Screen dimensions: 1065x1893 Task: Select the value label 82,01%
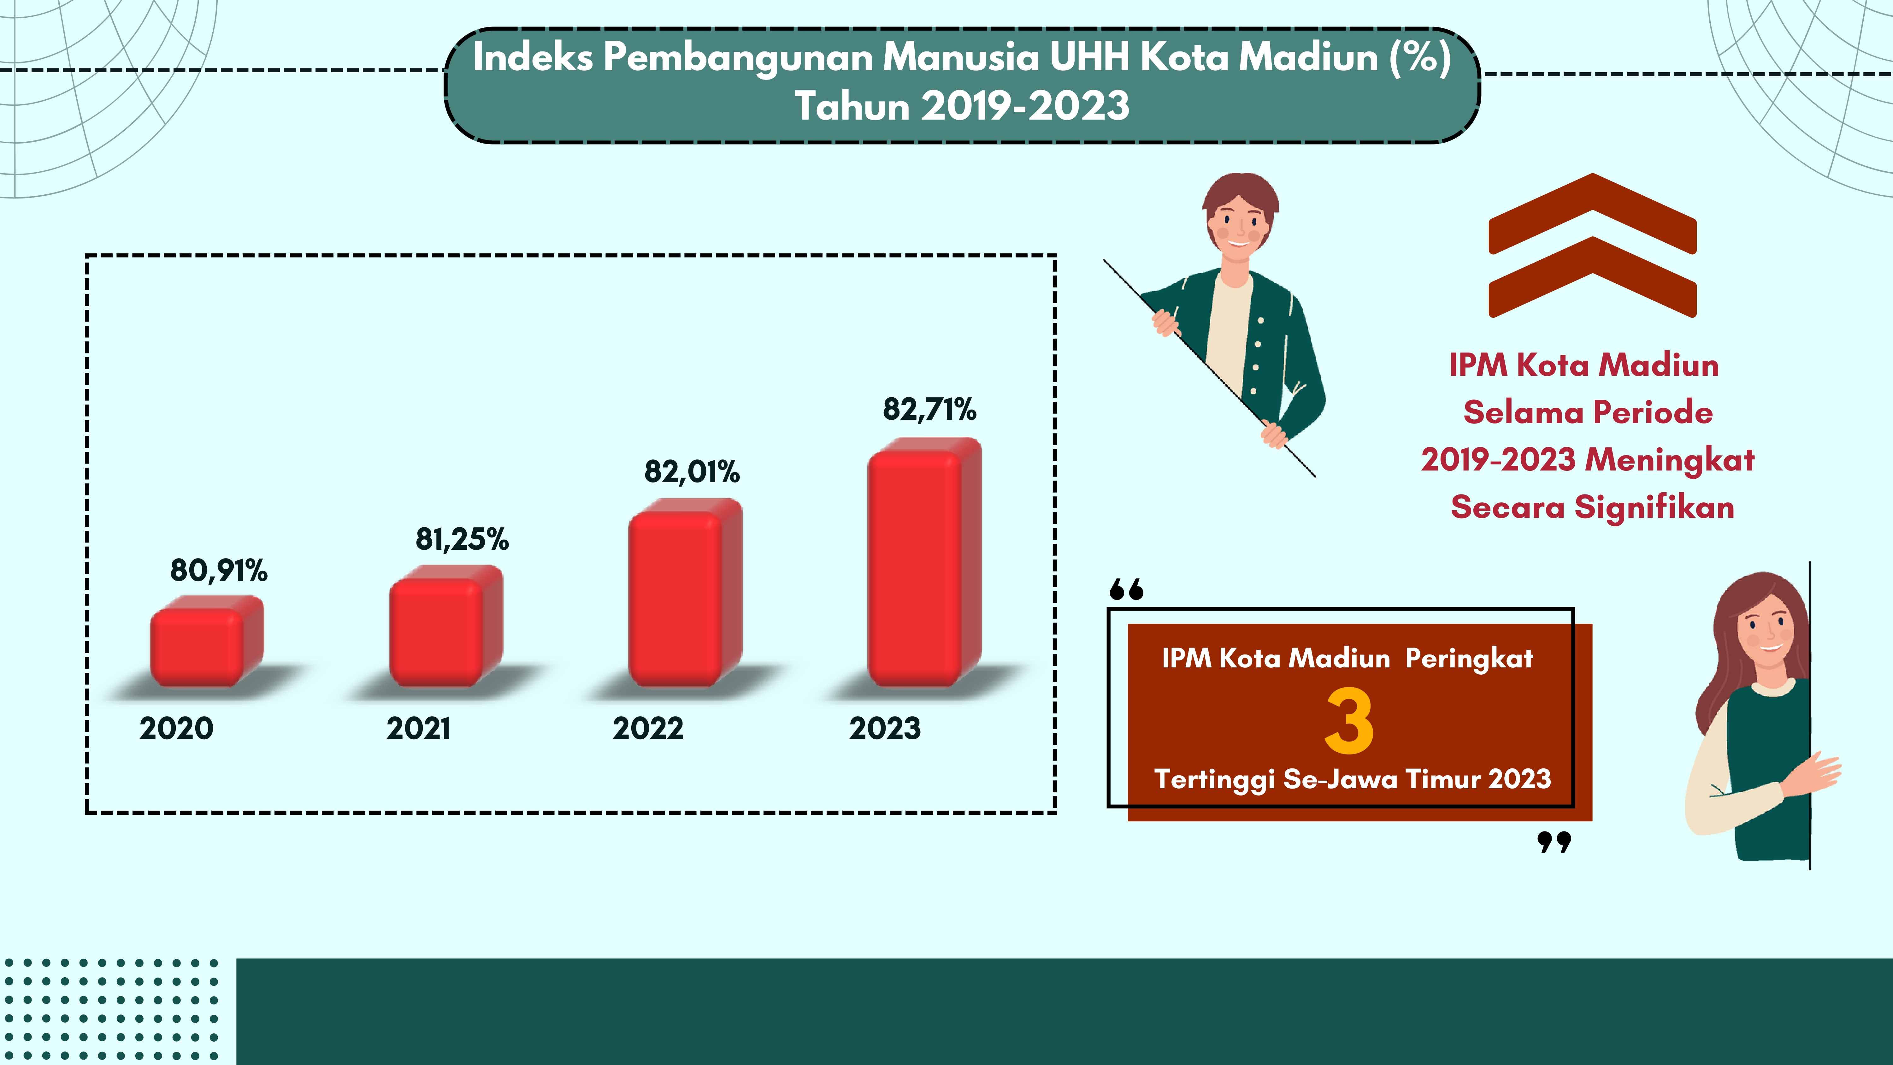click(x=692, y=472)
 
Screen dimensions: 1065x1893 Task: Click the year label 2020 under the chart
click(x=176, y=728)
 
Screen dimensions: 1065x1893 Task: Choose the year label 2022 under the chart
click(x=648, y=728)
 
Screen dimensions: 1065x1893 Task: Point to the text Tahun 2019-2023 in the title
click(x=962, y=106)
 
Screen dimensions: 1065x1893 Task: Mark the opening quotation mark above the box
click(x=1127, y=589)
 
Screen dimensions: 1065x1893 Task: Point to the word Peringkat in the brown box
click(x=1469, y=659)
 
